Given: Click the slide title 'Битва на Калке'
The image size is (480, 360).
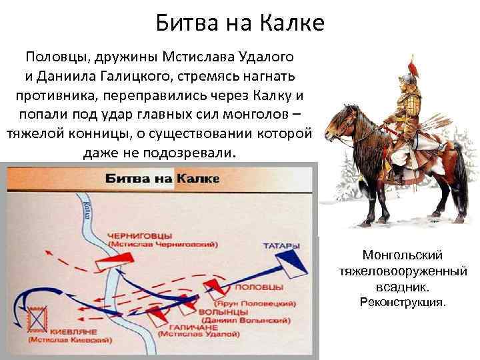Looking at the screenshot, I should pos(240,24).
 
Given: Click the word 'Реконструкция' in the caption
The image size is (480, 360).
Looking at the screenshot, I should pos(402,303).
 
